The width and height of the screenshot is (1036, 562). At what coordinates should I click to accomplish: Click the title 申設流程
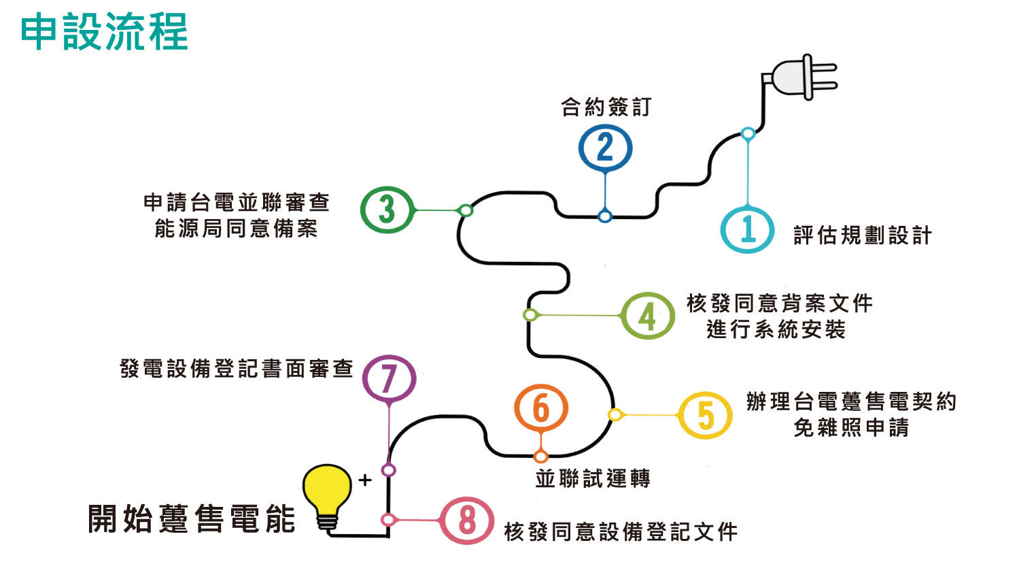coord(104,32)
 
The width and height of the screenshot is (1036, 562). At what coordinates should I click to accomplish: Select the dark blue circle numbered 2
coord(605,148)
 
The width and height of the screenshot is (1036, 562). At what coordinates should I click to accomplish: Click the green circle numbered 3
coord(387,210)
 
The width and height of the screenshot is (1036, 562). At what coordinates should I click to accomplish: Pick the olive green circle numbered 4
coord(647,316)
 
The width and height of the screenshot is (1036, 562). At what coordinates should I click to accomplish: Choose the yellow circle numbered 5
coord(705,415)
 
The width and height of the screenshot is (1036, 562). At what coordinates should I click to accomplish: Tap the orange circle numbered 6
coord(540,408)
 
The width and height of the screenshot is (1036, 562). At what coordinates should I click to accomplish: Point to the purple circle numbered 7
coord(389,378)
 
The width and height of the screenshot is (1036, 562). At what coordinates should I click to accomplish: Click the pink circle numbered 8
coord(466,520)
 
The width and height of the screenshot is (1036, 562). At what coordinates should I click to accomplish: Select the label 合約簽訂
coord(606,107)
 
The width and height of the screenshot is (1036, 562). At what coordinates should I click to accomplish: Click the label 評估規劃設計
coord(863,235)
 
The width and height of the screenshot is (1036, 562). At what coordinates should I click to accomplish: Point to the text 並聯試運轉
coord(593,478)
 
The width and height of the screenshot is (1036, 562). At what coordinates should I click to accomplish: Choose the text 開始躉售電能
coord(192,518)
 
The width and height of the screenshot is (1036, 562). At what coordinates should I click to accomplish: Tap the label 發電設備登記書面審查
coord(237,368)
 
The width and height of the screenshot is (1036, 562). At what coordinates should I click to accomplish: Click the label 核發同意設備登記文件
coord(621,531)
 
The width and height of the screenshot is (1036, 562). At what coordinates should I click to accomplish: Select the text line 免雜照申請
coord(851,427)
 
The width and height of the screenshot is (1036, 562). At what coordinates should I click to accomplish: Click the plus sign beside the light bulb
coord(365,480)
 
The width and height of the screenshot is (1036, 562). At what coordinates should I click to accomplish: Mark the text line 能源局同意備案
coord(237,229)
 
